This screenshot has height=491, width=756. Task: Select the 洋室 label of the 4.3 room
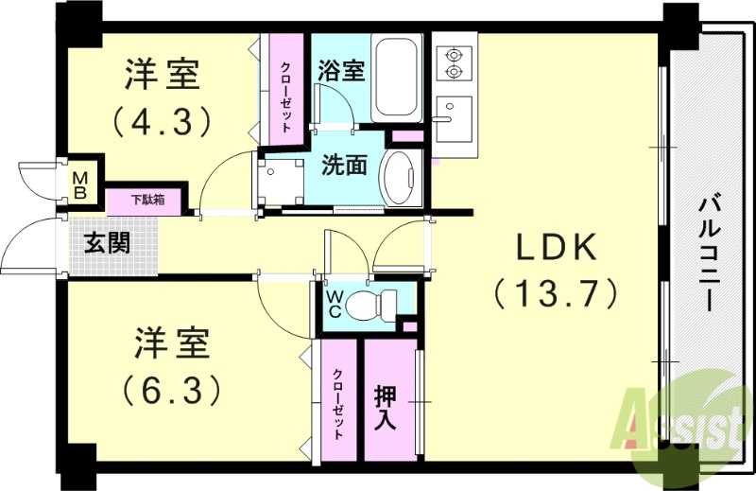coord(166,76)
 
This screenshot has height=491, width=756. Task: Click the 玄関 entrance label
coord(107,242)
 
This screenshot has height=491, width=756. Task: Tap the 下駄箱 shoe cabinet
coord(147,201)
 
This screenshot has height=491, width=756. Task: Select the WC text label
coord(335,305)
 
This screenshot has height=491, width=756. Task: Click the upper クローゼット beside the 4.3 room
coord(284,87)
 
